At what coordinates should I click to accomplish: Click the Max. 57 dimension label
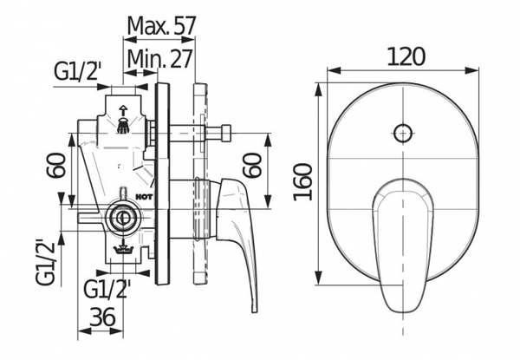click(x=161, y=25)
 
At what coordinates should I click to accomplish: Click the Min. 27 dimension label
click(x=159, y=59)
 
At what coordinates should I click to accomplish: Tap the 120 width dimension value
click(x=406, y=56)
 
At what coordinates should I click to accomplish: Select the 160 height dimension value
click(x=303, y=182)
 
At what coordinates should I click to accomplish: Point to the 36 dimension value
click(x=102, y=317)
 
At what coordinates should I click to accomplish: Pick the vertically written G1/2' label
click(x=45, y=262)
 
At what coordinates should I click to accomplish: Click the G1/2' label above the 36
click(x=107, y=289)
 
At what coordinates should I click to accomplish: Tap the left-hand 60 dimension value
click(x=55, y=165)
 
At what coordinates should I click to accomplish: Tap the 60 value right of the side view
click(x=252, y=165)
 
